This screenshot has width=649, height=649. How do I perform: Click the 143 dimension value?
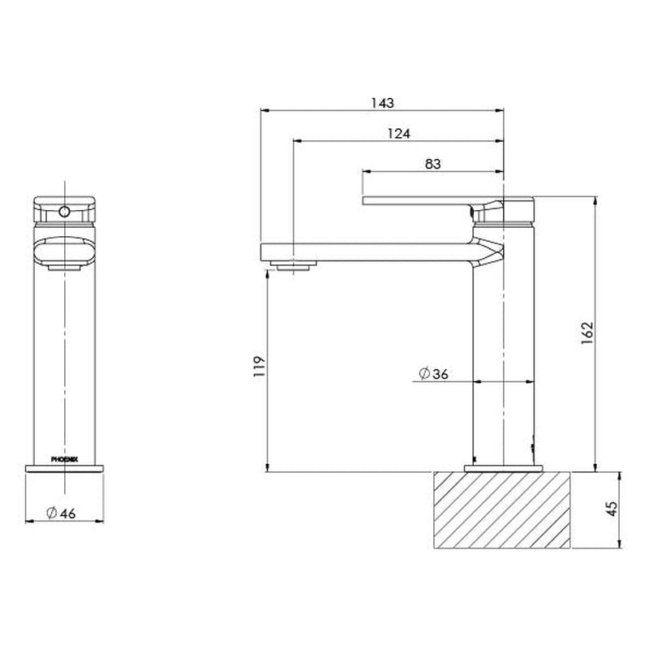click(382, 102)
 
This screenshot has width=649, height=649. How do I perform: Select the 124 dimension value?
click(398, 133)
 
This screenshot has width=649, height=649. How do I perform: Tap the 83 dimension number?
click(432, 164)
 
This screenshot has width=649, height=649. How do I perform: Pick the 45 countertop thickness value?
click(612, 509)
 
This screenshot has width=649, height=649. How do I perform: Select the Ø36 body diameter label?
click(433, 374)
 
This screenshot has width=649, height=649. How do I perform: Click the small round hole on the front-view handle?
click(63, 213)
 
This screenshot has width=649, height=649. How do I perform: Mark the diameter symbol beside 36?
click(423, 374)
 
